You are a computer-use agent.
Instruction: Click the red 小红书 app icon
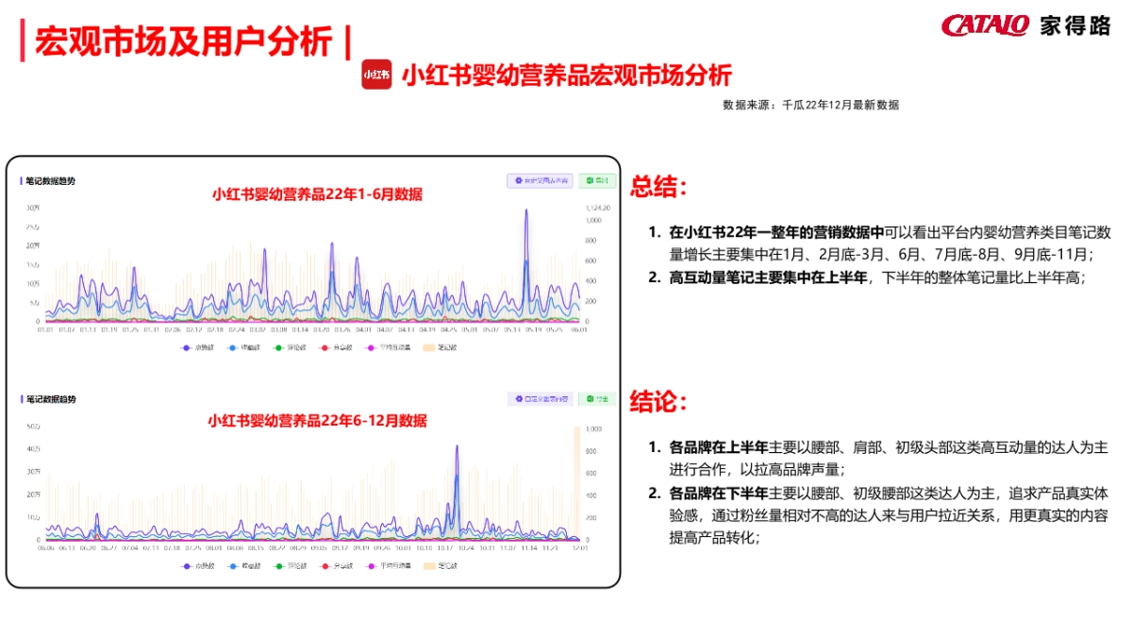376,75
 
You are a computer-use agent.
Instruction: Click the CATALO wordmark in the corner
985,25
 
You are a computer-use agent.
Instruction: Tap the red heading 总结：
659,186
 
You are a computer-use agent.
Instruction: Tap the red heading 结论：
659,401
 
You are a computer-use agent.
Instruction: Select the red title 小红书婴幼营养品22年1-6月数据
317,194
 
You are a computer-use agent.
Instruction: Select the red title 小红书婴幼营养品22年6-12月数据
317,420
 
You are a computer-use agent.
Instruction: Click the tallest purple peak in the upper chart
525,210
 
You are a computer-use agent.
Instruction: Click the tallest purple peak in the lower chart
457,446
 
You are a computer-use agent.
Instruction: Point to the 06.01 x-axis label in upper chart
578,329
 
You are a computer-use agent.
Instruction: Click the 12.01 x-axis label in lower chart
578,547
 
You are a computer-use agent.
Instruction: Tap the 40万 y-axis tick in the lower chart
33,449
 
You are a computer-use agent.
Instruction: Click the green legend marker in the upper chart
278,347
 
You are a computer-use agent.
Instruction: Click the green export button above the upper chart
597,180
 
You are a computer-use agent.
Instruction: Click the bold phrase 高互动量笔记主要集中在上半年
768,277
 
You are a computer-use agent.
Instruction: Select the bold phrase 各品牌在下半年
717,493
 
